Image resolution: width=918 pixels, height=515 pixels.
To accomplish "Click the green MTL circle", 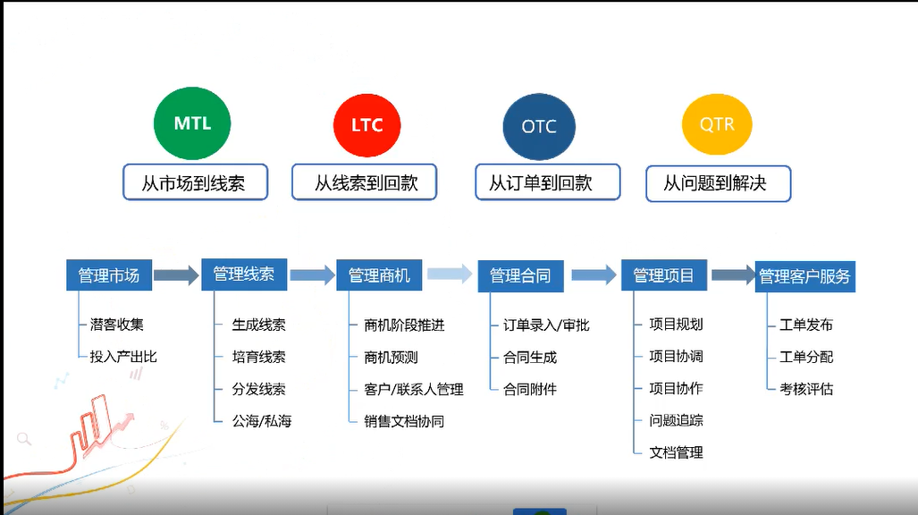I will click(192, 123).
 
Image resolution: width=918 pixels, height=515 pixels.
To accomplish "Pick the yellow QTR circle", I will click(717, 124).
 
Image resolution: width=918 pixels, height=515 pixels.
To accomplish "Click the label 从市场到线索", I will click(194, 183).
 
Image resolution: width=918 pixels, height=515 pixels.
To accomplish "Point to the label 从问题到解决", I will click(717, 183).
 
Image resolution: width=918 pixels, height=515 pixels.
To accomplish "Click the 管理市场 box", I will click(109, 274).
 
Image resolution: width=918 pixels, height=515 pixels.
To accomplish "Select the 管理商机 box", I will click(379, 274).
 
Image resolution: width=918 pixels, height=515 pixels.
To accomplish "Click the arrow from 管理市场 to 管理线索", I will click(176, 274).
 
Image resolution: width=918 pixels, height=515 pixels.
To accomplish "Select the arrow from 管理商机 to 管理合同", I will click(449, 274).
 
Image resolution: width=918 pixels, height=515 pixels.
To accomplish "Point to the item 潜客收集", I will click(116, 325).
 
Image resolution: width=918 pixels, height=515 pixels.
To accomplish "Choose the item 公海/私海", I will click(261, 420).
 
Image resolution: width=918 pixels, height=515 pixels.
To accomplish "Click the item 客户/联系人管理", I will click(414, 389).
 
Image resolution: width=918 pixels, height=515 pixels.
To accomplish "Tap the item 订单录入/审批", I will click(546, 325).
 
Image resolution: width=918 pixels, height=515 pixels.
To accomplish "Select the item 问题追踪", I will click(676, 420).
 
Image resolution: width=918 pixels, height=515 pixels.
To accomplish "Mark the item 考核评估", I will click(806, 389).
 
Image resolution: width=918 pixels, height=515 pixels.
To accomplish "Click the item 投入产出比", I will click(123, 357).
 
